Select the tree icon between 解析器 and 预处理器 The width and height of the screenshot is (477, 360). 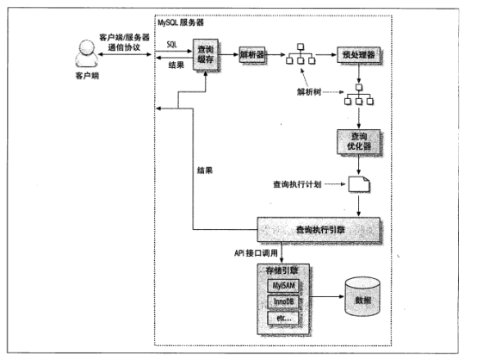tap(301, 53)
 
